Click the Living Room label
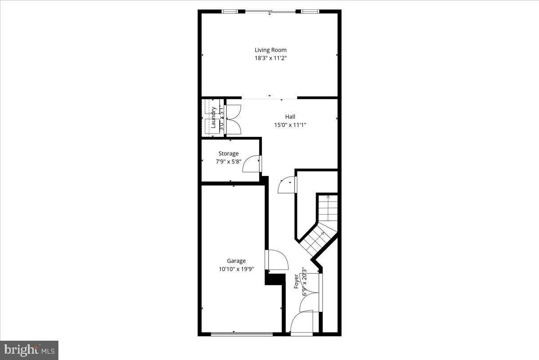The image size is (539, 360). (x=270, y=50)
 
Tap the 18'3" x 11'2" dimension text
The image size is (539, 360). (x=270, y=58)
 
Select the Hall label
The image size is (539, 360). (x=290, y=117)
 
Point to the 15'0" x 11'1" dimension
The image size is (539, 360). (x=290, y=125)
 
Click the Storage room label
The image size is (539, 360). (x=229, y=154)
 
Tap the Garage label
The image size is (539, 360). (x=236, y=261)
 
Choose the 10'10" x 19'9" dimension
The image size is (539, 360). (x=236, y=269)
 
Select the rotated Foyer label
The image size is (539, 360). (x=296, y=281)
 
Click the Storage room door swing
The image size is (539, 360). (x=252, y=164)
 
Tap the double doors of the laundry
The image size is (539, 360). (x=234, y=119)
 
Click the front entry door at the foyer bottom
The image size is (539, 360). (x=301, y=323)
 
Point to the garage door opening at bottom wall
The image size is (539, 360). (x=242, y=334)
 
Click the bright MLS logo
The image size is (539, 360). (x=29, y=350)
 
